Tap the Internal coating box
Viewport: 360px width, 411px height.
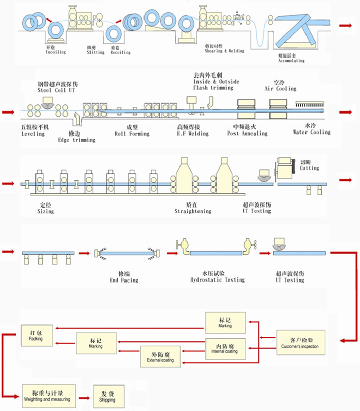[224, 348]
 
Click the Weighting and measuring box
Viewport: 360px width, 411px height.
[47, 395]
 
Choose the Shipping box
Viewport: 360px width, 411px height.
[108, 396]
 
